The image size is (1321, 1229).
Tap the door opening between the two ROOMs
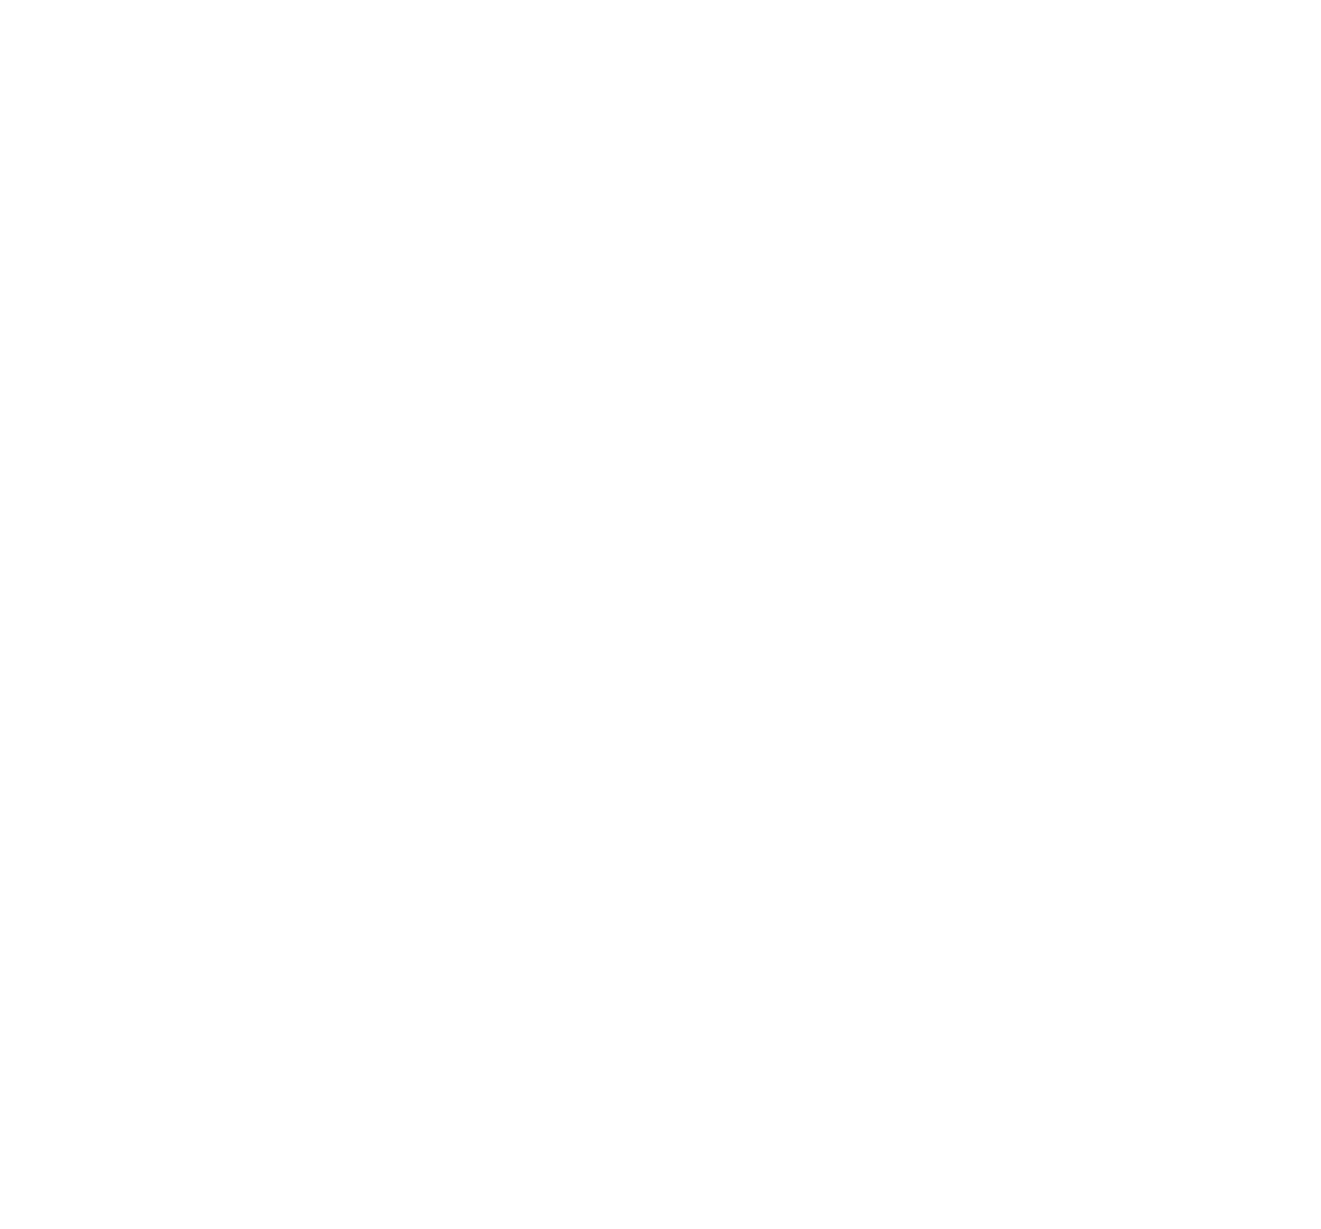(967, 586)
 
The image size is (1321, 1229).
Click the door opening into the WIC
(967, 908)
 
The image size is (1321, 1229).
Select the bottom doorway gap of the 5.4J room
(715, 764)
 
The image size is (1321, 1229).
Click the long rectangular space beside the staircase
(634, 1081)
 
